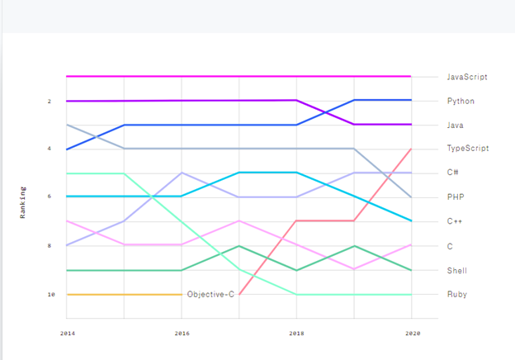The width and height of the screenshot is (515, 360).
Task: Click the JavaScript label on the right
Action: (x=467, y=77)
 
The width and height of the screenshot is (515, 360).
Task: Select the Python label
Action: (x=460, y=101)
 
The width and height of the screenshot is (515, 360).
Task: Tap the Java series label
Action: (x=456, y=125)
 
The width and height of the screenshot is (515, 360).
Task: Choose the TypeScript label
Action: (x=467, y=149)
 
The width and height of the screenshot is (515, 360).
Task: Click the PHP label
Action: (x=454, y=197)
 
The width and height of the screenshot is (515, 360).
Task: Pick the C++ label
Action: (x=454, y=221)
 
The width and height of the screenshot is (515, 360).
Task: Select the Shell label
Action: (x=456, y=270)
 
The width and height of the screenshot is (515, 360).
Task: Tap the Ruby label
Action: (x=456, y=294)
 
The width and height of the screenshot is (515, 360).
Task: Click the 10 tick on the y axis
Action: (x=50, y=294)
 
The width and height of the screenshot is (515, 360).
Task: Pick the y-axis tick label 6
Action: (x=49, y=197)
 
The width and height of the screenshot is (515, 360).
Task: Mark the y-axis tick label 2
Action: (x=49, y=101)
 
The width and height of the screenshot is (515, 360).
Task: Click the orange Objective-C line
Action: (x=124, y=294)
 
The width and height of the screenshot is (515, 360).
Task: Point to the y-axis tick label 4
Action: (x=49, y=149)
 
